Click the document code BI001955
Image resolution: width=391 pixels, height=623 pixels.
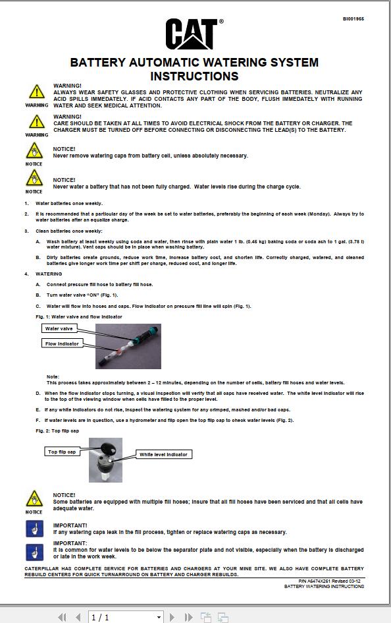[353, 19]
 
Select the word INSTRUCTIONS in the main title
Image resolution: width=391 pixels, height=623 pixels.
[194, 76]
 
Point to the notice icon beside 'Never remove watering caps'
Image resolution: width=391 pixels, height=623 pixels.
[34, 152]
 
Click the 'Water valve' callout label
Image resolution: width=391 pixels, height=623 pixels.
[59, 328]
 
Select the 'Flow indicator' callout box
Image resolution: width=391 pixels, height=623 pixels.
[63, 343]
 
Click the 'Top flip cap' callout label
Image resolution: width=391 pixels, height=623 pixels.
[62, 452]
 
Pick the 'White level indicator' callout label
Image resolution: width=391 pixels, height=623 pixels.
[163, 454]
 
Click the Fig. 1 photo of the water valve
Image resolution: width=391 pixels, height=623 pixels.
[128, 346]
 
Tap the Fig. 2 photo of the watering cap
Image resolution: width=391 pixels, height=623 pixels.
[105, 460]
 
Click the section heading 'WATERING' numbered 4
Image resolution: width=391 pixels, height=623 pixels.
[49, 274]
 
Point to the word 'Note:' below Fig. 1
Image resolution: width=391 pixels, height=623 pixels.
[53, 376]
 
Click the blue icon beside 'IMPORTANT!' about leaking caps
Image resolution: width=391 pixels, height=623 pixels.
[34, 529]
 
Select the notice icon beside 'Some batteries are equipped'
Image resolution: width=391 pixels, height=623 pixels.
[34, 499]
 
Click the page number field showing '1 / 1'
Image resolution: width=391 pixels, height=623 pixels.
[122, 617]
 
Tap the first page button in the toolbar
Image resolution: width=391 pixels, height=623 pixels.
[63, 617]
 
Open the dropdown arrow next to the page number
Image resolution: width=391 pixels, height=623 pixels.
[159, 617]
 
